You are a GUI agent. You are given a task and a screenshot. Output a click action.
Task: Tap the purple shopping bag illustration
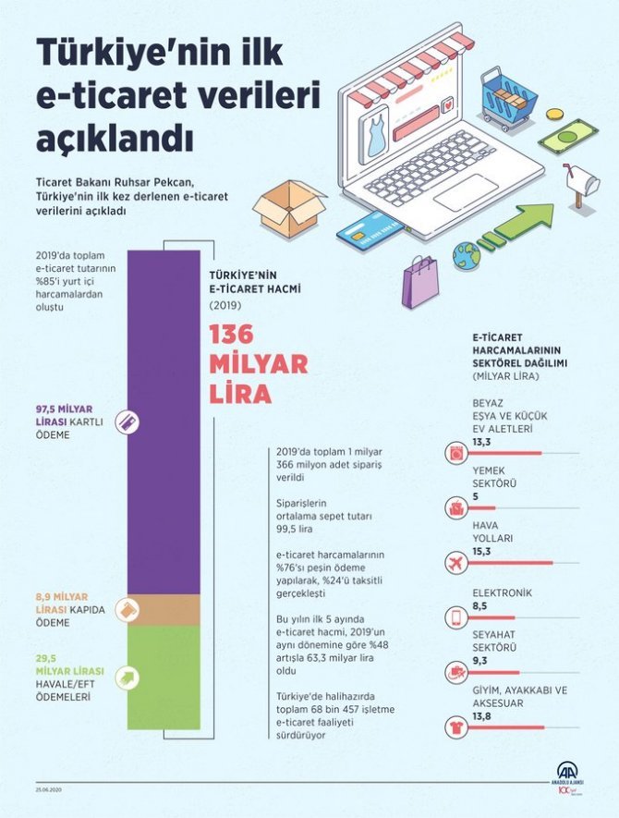(x=422, y=282)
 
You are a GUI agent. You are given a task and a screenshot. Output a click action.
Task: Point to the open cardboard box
(x=287, y=207)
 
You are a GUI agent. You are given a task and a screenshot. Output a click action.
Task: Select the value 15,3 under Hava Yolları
(x=480, y=552)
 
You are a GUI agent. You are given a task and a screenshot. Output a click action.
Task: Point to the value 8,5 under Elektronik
(x=479, y=606)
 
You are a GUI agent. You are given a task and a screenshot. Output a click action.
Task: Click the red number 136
(x=237, y=333)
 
